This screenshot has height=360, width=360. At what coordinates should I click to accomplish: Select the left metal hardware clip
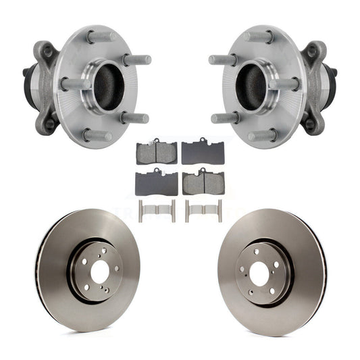point(157,210)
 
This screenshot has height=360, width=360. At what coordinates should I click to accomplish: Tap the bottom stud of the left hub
point(96,135)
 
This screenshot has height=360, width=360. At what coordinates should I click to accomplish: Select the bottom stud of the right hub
point(263,135)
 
